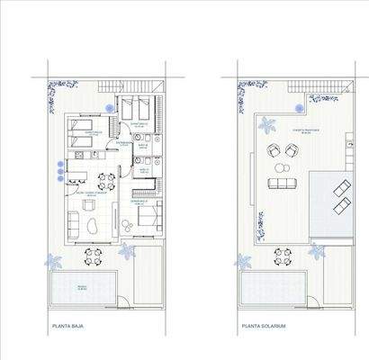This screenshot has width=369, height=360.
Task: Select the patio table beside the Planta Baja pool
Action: [94, 258]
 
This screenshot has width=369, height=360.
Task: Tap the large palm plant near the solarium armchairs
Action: [267, 125]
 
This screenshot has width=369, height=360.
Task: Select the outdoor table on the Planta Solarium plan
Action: [283, 258]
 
